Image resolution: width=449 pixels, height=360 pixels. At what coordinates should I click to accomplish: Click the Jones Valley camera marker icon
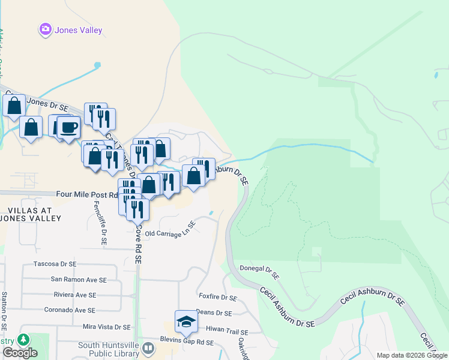click(45, 29)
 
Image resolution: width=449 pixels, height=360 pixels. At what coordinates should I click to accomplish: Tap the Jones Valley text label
click(79, 30)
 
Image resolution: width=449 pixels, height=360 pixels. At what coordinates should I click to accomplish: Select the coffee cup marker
click(68, 128)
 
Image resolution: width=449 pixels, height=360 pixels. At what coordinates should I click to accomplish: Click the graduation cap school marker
click(186, 322)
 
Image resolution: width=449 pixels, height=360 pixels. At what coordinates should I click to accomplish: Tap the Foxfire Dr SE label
click(218, 297)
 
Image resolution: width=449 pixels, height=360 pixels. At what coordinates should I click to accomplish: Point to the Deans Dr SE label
click(214, 313)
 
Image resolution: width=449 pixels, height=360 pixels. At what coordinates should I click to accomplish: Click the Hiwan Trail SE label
click(227, 329)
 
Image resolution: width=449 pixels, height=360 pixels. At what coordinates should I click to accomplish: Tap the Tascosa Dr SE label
click(55, 264)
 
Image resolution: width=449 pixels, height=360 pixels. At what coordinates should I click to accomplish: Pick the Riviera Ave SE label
click(74, 295)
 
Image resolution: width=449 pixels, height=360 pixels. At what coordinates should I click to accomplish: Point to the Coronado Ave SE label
click(70, 310)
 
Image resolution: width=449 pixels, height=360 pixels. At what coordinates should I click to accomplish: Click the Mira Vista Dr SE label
click(106, 327)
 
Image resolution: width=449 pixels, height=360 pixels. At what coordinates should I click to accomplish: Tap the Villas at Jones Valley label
click(35, 214)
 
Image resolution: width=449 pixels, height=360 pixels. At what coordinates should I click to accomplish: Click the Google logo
click(20, 353)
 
